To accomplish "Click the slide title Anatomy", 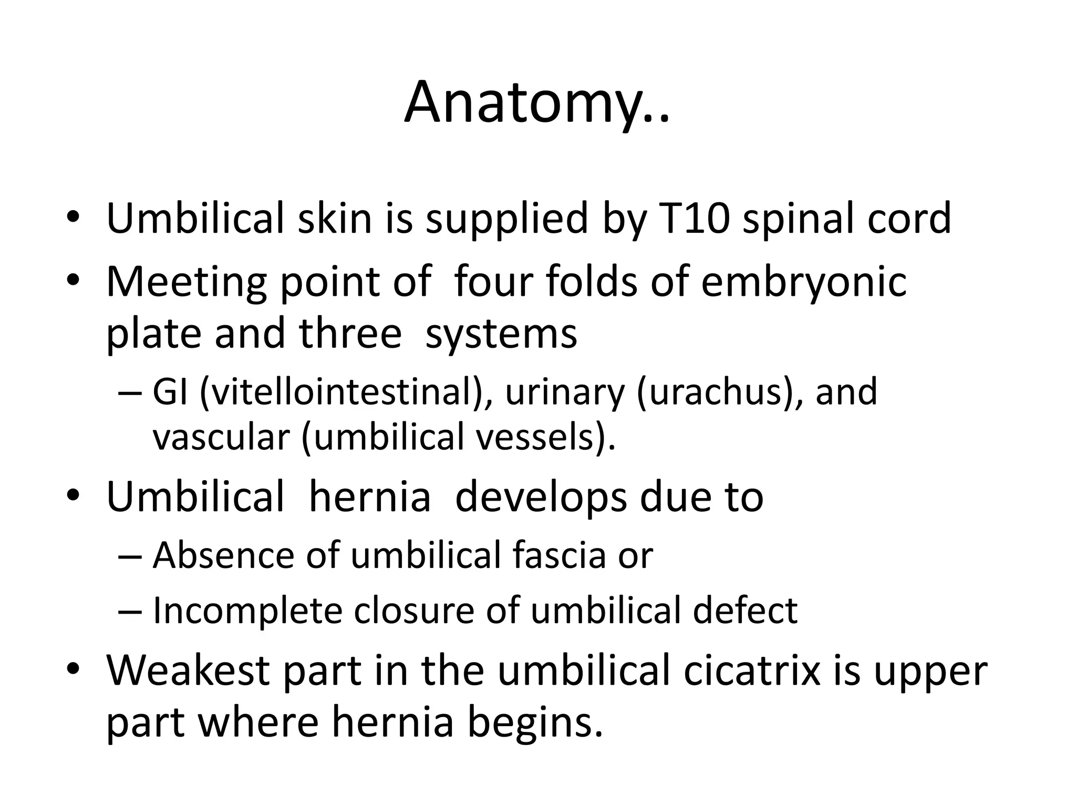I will [536, 103].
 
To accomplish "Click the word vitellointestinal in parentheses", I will [342, 392].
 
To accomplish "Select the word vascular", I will [221, 437].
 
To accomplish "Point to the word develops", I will [541, 498].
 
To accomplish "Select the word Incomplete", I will [247, 611].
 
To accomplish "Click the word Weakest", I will [189, 671].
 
